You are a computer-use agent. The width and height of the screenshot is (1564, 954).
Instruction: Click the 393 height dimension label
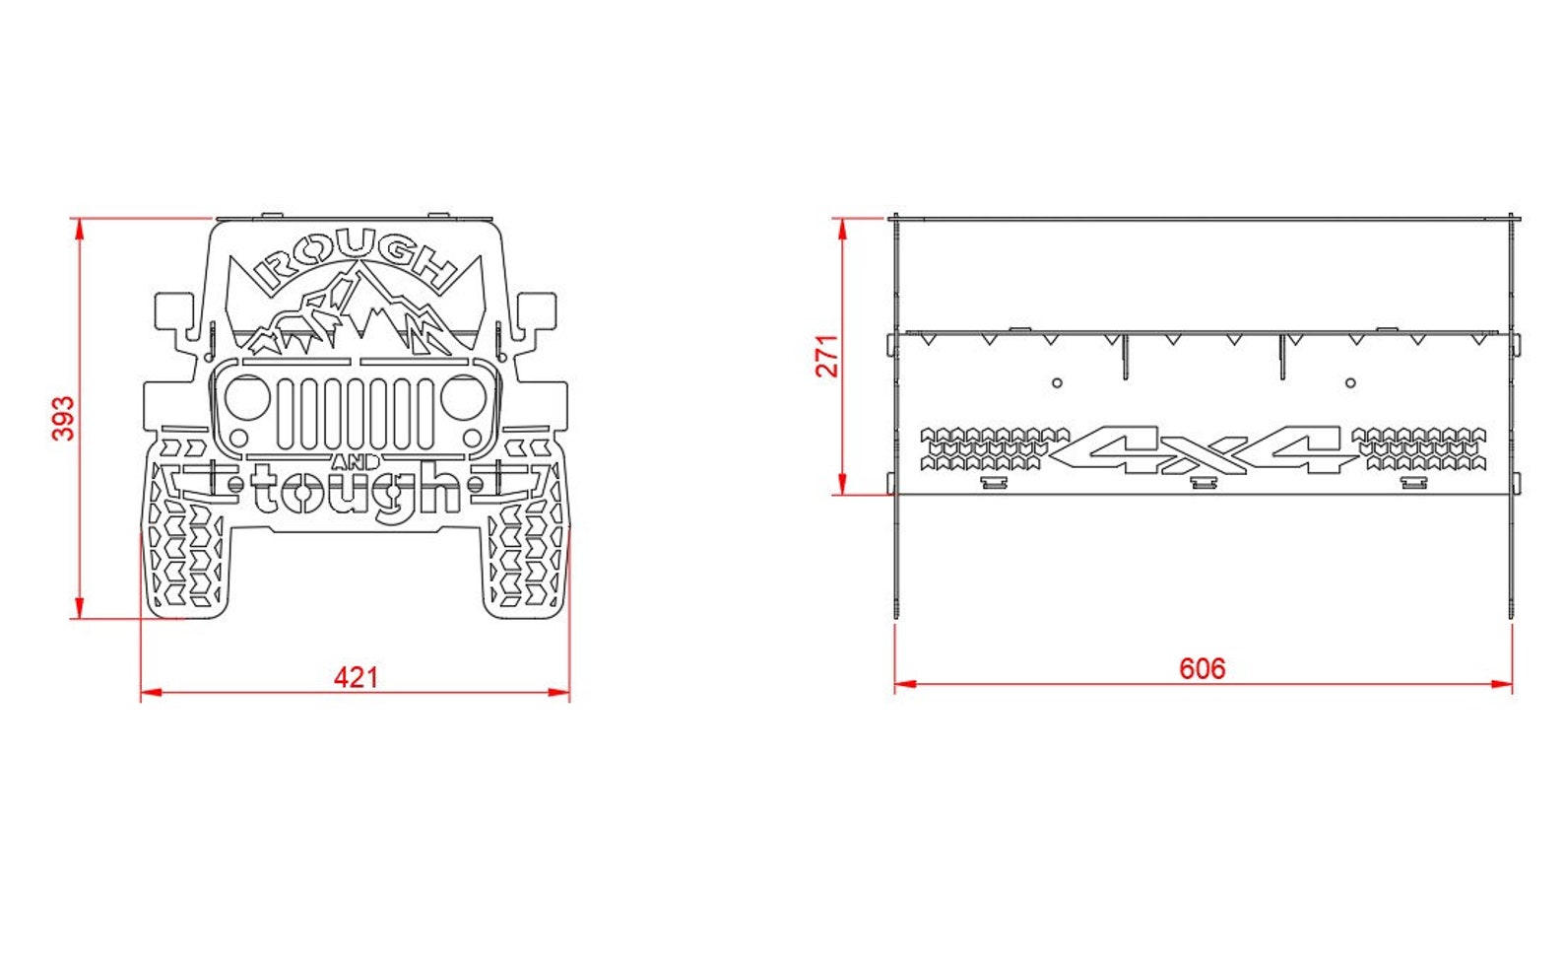(x=62, y=418)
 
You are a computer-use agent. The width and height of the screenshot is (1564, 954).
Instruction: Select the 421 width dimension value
(x=356, y=677)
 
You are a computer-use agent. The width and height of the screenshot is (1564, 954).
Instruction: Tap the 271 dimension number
(x=827, y=356)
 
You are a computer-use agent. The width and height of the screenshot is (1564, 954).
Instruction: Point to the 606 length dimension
(x=1203, y=669)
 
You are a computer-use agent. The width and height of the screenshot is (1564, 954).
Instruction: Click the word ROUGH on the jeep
(x=357, y=259)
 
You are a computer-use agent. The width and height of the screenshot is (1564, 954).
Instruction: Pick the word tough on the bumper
(x=357, y=490)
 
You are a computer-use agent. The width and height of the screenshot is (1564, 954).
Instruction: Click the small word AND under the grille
(x=356, y=462)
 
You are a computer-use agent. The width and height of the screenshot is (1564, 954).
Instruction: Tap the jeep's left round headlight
(x=246, y=396)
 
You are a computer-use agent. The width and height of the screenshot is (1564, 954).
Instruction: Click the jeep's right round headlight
(x=463, y=396)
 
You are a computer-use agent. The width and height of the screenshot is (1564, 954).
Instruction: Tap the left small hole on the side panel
(x=1057, y=382)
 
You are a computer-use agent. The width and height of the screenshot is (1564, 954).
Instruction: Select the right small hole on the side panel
(x=1350, y=382)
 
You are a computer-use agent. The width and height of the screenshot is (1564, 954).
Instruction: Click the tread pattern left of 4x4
(x=993, y=448)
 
